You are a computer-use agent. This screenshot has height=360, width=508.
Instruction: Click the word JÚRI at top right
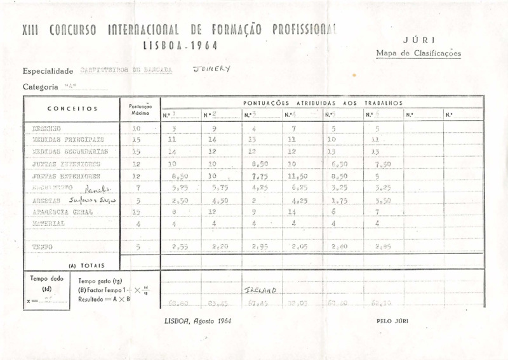point(424,39)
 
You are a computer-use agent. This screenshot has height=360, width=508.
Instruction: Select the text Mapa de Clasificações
point(418,53)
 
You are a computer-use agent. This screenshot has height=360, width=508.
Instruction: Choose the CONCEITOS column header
point(72,109)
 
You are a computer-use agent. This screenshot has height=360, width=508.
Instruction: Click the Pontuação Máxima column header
point(139,110)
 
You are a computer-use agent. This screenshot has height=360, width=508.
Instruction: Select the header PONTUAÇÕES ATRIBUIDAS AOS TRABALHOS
point(323,102)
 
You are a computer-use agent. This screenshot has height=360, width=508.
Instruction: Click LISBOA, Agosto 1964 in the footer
point(197,321)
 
